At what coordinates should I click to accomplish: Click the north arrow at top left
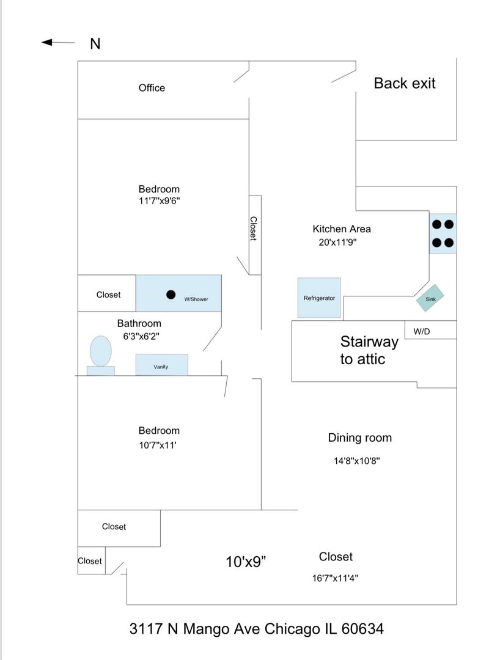tap(57, 42)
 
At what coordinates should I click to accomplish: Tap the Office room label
tap(152, 88)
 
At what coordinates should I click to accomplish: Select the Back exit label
tap(405, 83)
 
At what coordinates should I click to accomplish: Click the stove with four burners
tap(443, 233)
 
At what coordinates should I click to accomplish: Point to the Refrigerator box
tap(319, 298)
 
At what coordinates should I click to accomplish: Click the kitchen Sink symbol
tap(430, 299)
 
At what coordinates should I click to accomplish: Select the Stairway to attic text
tap(369, 350)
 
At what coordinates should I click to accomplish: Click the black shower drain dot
tap(171, 294)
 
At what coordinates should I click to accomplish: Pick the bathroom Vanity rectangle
tap(161, 365)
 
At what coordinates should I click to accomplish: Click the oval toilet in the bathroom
tap(101, 351)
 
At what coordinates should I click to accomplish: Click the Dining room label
tap(359, 438)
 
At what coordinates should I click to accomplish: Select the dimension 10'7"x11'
tap(158, 446)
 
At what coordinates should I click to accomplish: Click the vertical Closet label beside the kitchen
tap(254, 229)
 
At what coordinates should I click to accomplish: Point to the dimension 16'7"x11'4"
tap(335, 576)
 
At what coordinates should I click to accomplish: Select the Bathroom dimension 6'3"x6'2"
tap(142, 336)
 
